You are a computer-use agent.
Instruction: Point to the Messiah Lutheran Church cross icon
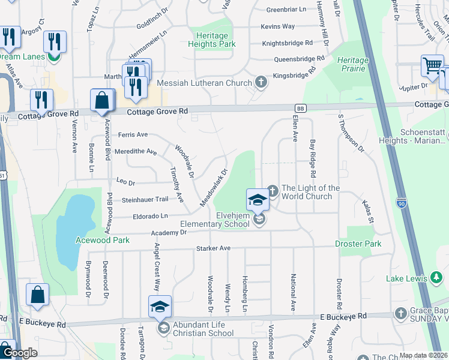(x=260, y=83)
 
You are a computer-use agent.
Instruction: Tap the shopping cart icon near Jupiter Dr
(x=432, y=66)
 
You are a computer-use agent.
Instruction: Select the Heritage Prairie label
(x=352, y=64)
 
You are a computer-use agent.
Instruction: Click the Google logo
(x=20, y=353)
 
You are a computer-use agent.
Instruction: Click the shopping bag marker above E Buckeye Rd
(x=37, y=295)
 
